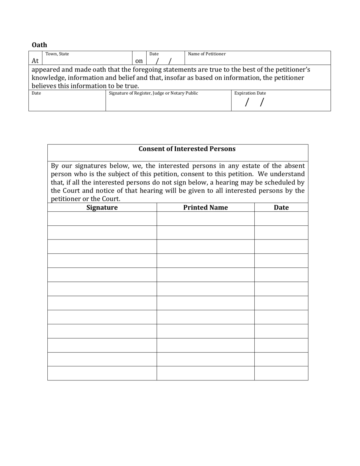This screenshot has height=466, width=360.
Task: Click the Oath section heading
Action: (x=39, y=45)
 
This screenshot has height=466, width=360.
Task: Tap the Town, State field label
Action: (x=57, y=54)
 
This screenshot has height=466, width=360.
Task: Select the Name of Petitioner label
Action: (x=207, y=54)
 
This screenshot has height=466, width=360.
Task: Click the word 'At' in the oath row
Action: (x=35, y=61)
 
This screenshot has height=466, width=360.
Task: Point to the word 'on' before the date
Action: (x=139, y=61)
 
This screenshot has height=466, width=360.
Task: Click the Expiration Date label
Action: (x=250, y=93)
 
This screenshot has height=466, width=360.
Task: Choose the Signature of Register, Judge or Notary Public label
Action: (x=153, y=93)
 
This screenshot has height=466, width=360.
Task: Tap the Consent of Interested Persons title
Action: (x=187, y=149)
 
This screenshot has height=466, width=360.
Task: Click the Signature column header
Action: (x=102, y=207)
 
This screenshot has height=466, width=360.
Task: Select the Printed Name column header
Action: (x=205, y=207)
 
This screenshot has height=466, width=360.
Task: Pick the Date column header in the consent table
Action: (x=281, y=207)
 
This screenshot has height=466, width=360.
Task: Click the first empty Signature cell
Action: (x=102, y=219)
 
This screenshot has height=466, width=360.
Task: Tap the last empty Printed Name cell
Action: (x=205, y=373)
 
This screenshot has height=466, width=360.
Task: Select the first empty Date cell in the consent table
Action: (x=281, y=219)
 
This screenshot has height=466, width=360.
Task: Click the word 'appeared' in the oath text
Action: (x=45, y=70)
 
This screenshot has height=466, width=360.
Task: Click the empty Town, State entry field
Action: (x=87, y=61)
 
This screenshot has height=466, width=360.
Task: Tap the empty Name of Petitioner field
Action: (x=258, y=61)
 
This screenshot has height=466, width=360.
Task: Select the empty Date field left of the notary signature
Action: (x=67, y=102)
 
